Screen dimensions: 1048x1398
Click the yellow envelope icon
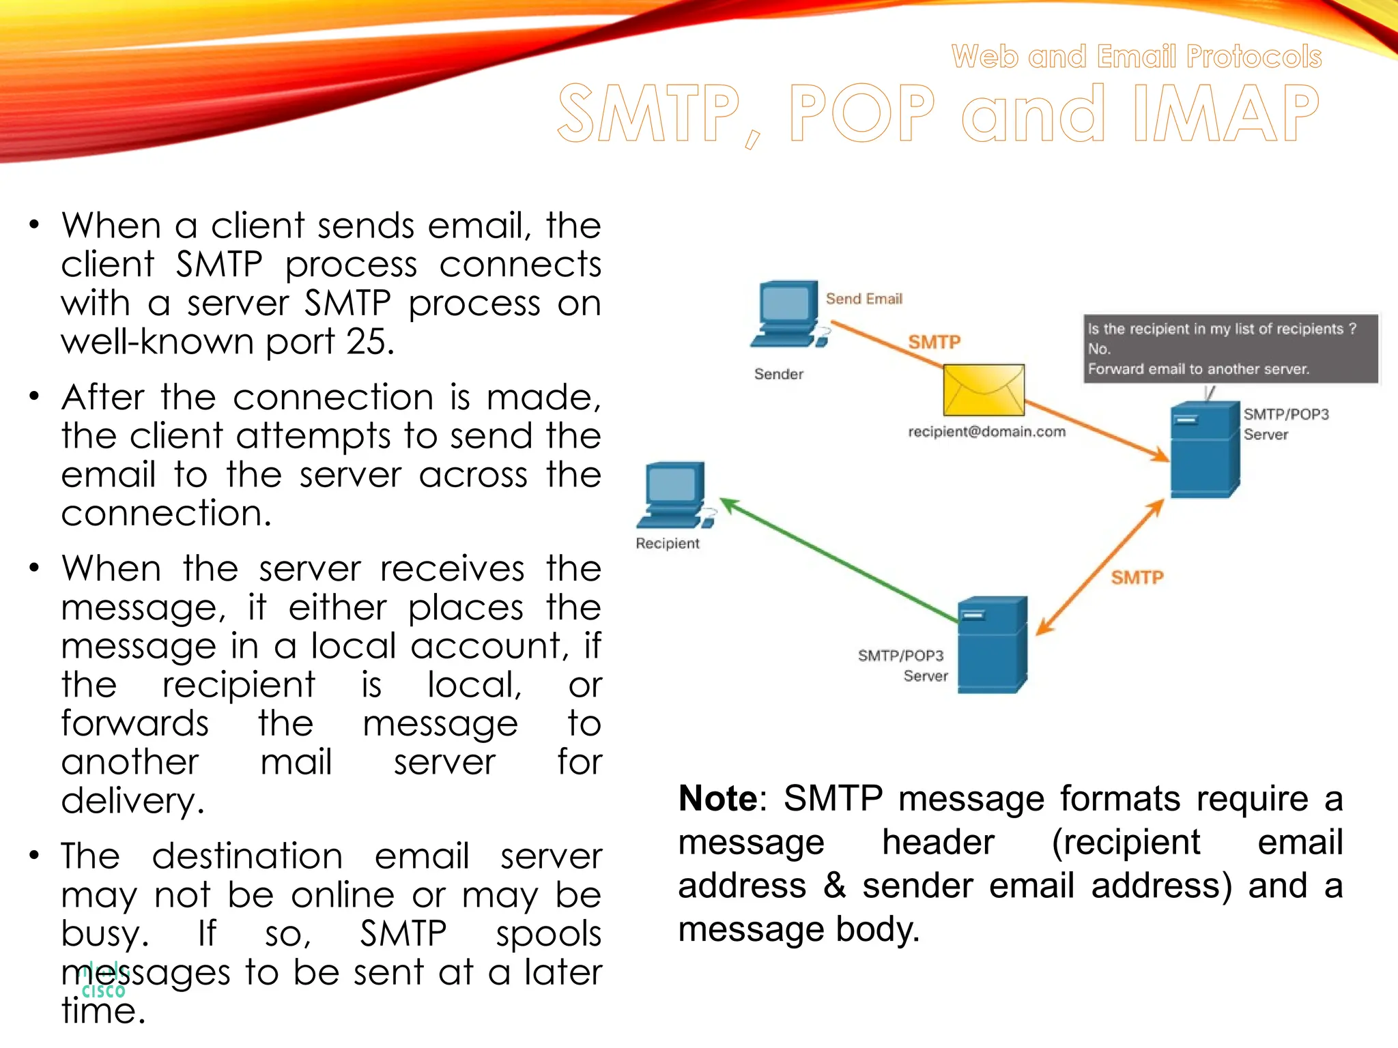coord(984,390)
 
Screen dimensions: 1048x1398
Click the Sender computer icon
coord(788,314)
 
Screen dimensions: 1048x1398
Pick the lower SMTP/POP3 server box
coord(992,645)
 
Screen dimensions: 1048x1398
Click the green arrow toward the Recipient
coord(840,559)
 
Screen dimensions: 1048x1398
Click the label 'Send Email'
coord(864,299)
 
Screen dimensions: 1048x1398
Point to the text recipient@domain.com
coord(986,431)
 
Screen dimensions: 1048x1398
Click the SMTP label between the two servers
coord(1137,577)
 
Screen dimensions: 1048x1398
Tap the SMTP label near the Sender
coord(934,342)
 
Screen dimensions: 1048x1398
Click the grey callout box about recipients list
coord(1230,349)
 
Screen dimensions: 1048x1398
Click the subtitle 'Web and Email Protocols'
coord(1137,57)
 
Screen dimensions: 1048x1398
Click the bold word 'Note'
coord(717,798)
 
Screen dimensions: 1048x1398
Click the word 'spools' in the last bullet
coord(548,933)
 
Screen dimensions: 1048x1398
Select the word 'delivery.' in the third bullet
coord(132,800)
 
